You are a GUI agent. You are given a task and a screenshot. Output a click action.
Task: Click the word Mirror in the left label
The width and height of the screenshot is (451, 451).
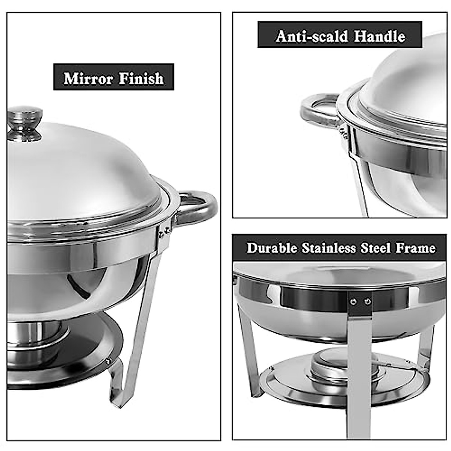pos(88,79)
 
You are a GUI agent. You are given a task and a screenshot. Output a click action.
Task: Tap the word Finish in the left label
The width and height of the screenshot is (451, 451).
pos(141,79)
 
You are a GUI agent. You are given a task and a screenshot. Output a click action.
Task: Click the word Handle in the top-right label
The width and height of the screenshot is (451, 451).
pos(380,36)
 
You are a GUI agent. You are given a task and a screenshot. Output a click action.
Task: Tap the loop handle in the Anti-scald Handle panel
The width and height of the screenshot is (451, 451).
pos(319,110)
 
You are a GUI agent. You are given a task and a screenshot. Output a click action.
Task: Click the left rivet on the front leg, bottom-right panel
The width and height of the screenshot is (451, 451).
pos(353,301)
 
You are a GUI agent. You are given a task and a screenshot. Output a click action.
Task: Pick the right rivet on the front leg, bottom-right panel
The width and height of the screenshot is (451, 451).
pos(368,301)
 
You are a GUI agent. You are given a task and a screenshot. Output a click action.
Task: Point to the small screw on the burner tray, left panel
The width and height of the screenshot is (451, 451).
pos(108,361)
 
